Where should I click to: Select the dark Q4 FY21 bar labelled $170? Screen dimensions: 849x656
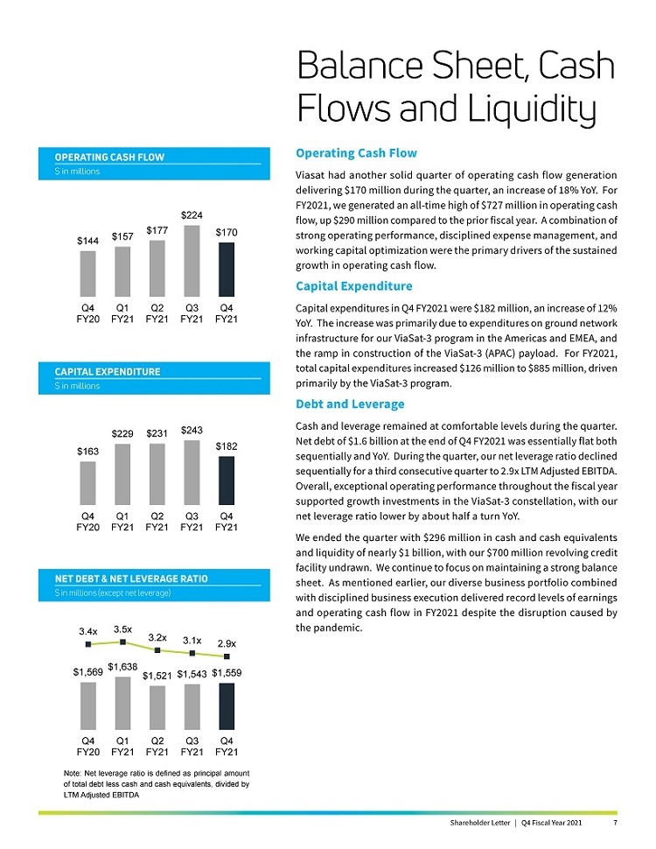pyautogui.click(x=227, y=270)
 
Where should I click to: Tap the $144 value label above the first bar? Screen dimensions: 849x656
pyautogui.click(x=88, y=240)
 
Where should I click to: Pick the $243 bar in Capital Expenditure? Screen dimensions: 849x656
pyautogui.click(x=192, y=473)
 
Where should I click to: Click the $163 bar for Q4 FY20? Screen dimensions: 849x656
pyautogui.click(x=88, y=483)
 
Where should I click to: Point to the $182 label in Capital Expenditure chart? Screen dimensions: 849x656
pyautogui.click(x=227, y=446)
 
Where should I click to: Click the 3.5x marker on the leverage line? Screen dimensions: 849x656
pyautogui.click(x=123, y=642)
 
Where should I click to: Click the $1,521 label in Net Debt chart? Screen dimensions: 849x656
pyautogui.click(x=157, y=676)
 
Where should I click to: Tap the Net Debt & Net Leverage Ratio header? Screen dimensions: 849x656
pyautogui.click(x=131, y=579)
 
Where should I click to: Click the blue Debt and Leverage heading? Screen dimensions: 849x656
pyautogui.click(x=351, y=403)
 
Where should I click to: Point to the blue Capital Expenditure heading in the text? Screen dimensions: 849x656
pyautogui.click(x=355, y=286)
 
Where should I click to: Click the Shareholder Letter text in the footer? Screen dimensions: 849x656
pyautogui.click(x=479, y=824)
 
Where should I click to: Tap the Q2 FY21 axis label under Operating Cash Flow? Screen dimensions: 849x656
pyautogui.click(x=157, y=313)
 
